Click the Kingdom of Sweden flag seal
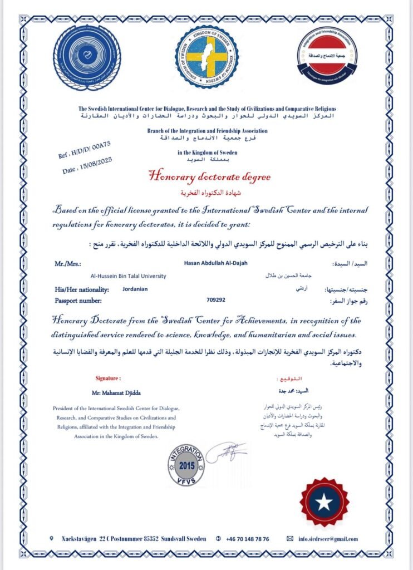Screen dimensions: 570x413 pyautogui.click(x=206, y=57)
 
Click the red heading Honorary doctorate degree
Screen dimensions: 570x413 pyautogui.click(x=209, y=177)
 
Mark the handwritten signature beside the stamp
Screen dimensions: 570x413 pyautogui.click(x=225, y=451)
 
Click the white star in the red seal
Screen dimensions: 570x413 pyautogui.click(x=324, y=502)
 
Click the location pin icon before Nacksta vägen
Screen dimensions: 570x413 pyautogui.click(x=52, y=538)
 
